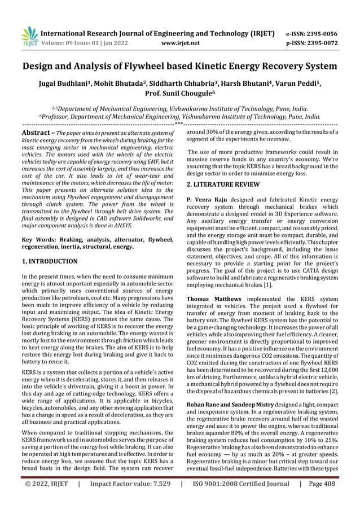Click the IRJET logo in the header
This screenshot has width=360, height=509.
pos(29,34)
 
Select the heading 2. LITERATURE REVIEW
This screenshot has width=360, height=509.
pos(224,184)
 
